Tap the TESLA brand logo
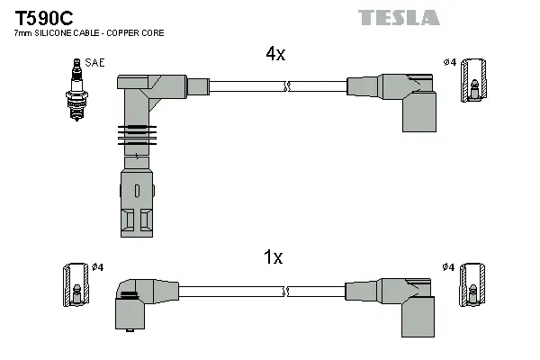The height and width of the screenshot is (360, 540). (399, 17)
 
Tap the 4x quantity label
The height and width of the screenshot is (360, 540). (274, 54)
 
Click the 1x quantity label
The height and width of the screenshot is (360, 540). (273, 257)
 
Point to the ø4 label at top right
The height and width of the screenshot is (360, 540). (449, 61)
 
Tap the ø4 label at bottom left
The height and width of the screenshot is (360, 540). (98, 267)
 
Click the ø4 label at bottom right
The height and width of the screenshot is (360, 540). (449, 267)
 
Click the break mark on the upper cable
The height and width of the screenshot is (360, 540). (286, 86)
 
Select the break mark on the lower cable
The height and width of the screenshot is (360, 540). (286, 292)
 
